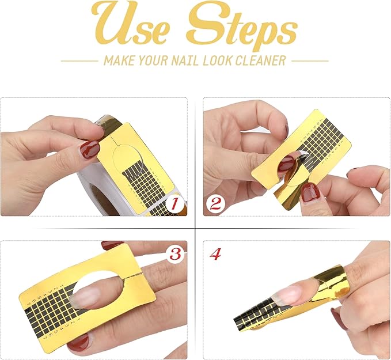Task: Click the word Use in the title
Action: click(x=131, y=27)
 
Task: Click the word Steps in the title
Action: click(x=240, y=27)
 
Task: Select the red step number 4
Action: click(x=215, y=254)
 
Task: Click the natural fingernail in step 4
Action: click(x=288, y=295)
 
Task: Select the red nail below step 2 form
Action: click(x=310, y=192)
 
